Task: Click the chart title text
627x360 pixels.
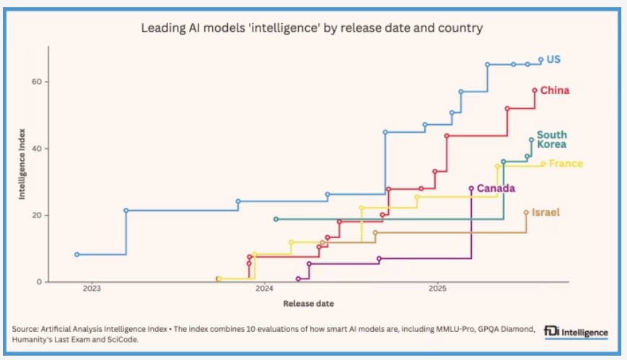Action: point(312,28)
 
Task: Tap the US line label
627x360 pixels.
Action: point(553,59)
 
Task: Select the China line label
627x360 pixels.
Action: point(555,90)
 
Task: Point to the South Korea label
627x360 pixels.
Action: point(551,139)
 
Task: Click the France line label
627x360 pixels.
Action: point(566,164)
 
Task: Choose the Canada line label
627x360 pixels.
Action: point(496,189)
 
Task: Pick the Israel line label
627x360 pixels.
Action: point(545,212)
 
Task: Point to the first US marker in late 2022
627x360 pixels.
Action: point(77,255)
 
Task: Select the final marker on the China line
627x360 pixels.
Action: point(535,90)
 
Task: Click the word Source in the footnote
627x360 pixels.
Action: point(25,329)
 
